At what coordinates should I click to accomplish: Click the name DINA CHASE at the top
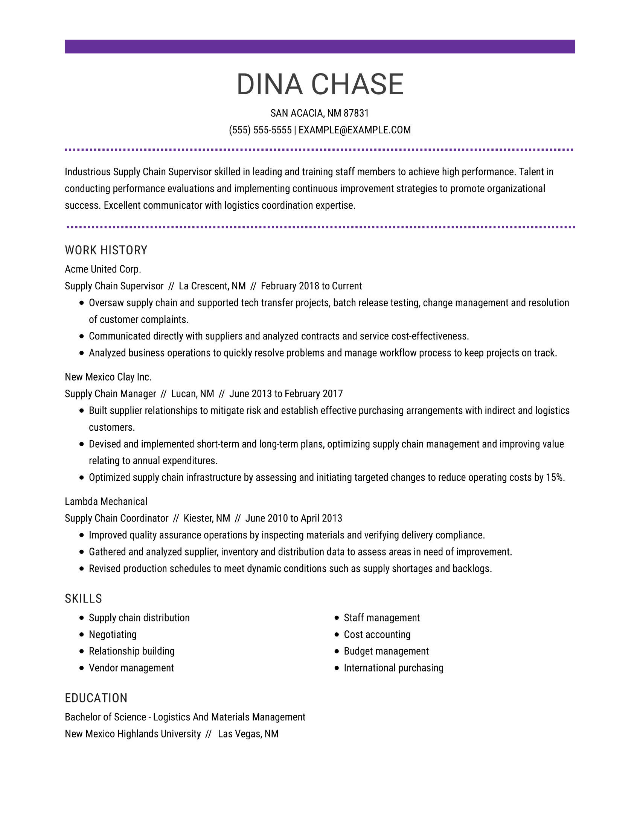320,84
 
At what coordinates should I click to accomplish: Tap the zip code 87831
356,113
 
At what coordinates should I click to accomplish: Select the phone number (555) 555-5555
260,130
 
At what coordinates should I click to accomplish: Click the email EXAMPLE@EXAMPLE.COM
355,130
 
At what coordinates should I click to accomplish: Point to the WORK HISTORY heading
106,250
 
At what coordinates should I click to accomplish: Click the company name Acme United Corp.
103,269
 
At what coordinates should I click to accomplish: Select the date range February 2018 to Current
311,286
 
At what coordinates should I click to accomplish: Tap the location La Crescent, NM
212,286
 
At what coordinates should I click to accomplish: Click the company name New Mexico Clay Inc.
108,377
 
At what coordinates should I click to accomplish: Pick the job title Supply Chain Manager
110,394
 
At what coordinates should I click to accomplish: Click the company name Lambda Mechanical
106,502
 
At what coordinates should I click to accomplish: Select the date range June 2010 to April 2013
294,518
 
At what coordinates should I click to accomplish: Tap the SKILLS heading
84,599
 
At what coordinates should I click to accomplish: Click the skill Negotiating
113,634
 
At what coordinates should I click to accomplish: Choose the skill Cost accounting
377,634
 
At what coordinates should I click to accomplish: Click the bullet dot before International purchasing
336,668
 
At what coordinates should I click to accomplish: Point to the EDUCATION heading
96,698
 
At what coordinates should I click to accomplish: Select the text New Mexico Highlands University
133,734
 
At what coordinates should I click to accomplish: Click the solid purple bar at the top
320,47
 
